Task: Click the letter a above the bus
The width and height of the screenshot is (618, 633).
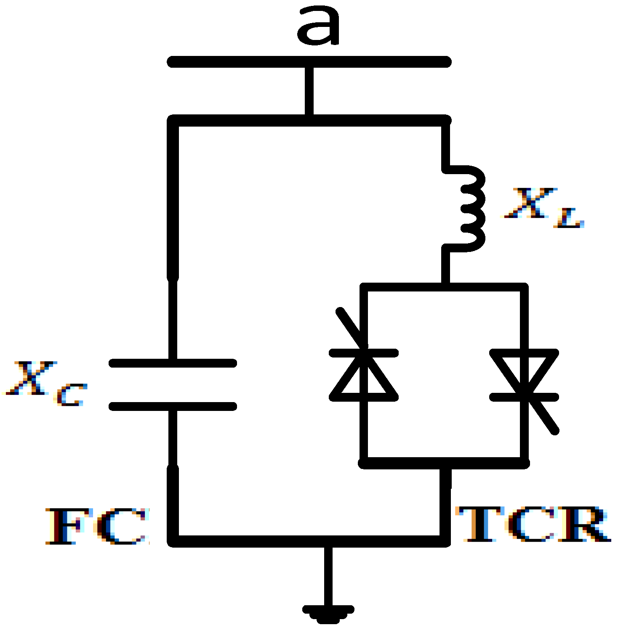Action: pos(318,26)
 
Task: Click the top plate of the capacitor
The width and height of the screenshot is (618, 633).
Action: pos(173,363)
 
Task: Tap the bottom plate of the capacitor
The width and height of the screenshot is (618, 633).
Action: pos(173,406)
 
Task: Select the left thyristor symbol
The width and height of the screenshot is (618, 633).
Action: pos(364,374)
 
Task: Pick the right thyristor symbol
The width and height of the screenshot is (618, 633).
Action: pos(525,374)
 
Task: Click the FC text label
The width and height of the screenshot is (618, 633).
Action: pos(97,526)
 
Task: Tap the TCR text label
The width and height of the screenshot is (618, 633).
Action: pos(533,524)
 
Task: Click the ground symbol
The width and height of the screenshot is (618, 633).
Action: pos(328,612)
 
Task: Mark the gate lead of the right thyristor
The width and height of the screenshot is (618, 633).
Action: pos(543,418)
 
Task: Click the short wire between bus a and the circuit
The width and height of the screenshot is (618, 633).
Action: pos(309,90)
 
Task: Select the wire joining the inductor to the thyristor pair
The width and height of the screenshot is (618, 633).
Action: pos(445,267)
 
